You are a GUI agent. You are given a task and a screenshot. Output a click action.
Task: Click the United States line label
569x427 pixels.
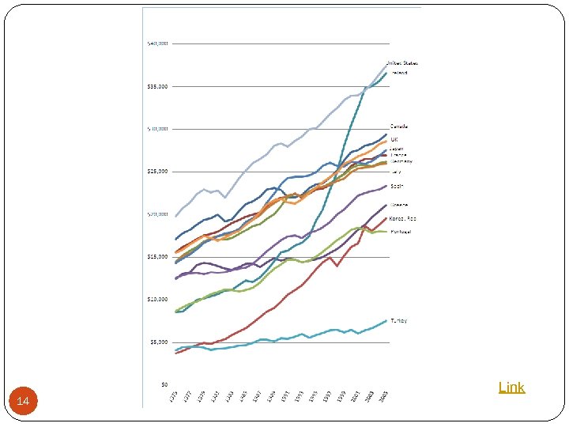coord(402,63)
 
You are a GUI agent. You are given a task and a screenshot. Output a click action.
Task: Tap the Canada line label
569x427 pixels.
coord(400,126)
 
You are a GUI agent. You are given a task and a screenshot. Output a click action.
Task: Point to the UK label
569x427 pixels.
coord(395,140)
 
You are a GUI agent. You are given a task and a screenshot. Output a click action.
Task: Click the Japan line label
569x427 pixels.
coord(398,148)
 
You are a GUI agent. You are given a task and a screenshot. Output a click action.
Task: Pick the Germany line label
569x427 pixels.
coord(401,161)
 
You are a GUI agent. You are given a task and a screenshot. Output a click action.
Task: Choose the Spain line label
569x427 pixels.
coord(397,186)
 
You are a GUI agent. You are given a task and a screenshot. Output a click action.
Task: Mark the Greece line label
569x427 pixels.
coord(398,206)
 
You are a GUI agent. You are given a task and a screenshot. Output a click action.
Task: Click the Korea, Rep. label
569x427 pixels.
coord(403,218)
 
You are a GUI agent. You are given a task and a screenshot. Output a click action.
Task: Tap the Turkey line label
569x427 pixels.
coord(399,320)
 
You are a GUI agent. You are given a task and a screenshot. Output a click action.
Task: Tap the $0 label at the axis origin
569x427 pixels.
coord(164,384)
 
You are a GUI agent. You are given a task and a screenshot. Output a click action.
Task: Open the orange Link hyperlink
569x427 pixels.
coord(511,387)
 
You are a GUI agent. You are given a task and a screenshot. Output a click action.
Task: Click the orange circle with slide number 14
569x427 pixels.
coord(23,402)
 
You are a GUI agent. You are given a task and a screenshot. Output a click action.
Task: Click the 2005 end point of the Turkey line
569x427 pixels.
coord(386,320)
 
